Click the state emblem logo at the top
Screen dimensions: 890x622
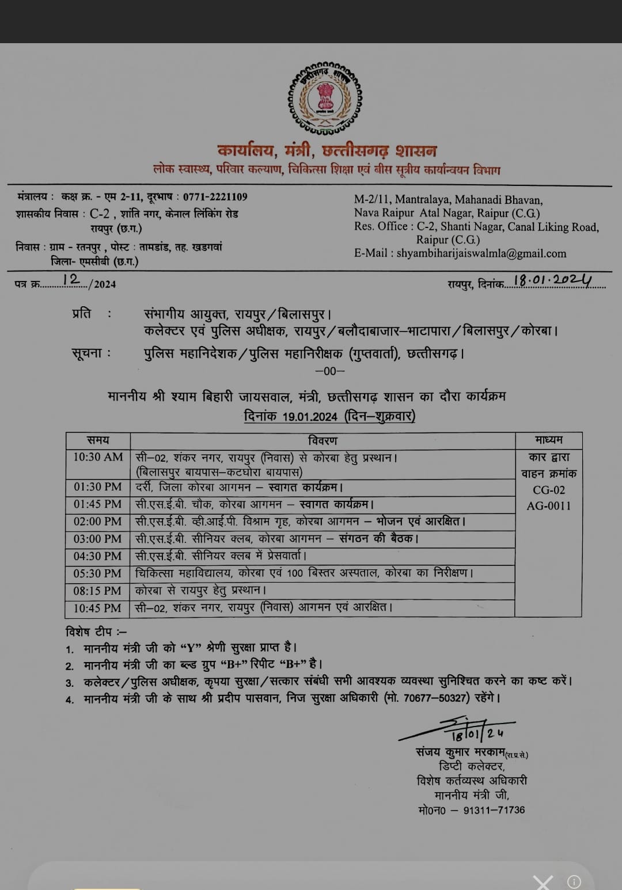325,96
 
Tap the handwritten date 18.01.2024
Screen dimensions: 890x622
552,280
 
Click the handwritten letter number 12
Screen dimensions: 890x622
72,279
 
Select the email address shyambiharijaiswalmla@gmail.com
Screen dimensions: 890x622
481,253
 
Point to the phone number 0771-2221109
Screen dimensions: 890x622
215,197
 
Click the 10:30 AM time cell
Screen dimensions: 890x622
98,457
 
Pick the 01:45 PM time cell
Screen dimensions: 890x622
98,504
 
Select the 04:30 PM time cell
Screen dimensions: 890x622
98,556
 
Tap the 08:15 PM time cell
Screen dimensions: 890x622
98,591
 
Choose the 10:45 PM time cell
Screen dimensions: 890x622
98,608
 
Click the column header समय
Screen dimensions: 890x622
98,440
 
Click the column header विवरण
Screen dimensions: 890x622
323,440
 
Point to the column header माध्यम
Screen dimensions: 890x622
548,440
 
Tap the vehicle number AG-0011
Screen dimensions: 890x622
549,506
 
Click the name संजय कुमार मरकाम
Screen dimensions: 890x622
460,752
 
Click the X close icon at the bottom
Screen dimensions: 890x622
543,882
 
